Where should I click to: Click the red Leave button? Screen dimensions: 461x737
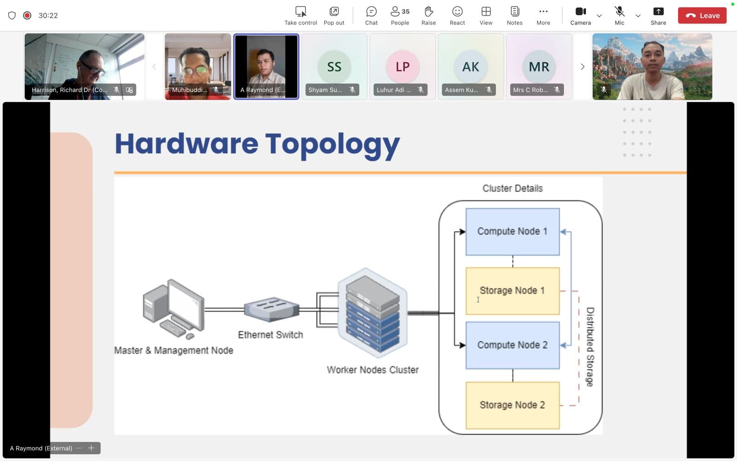702,15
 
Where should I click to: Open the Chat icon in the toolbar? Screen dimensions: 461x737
371,15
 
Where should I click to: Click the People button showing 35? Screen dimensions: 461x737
399,15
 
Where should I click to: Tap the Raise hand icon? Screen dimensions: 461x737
428,15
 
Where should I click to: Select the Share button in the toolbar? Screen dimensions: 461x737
658,15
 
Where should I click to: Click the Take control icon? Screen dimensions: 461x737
300,15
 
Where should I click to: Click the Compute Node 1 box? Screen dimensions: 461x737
512,231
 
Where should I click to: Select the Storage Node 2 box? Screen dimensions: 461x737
512,405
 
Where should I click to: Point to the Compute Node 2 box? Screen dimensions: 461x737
512,345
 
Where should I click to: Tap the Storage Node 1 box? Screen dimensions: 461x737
512,291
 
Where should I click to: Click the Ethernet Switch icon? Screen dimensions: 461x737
271,309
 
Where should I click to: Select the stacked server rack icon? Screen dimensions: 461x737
373,313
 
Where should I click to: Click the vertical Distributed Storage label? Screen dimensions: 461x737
590,347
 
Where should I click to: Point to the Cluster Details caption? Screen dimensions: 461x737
512,188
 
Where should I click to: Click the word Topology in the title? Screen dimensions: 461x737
332,144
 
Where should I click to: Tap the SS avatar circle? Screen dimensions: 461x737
334,67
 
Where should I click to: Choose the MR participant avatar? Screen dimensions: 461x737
538,67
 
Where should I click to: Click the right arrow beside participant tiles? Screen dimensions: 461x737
582,67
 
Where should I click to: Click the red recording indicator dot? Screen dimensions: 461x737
27,15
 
